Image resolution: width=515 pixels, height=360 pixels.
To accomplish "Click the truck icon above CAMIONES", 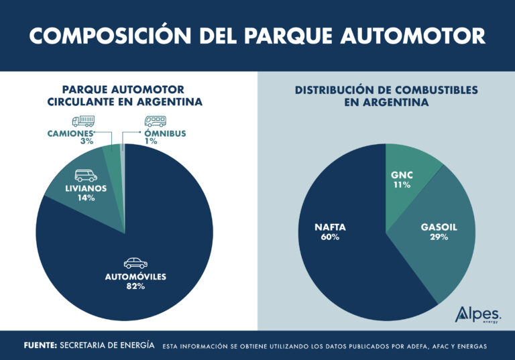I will [82, 121].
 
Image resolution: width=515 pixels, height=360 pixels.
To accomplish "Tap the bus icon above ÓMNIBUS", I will [156, 121].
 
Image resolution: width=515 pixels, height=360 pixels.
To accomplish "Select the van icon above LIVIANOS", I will [86, 176].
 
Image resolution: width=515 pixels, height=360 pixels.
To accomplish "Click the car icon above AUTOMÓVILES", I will [135, 263].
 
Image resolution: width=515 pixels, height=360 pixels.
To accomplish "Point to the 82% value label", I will [135, 286].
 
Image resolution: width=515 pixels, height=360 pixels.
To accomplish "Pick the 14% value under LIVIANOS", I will [86, 198].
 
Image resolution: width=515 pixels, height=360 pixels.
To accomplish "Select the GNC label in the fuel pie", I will [402, 175].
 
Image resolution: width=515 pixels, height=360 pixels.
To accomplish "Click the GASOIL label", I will [439, 227].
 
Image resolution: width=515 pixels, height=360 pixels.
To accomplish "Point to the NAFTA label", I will [330, 227].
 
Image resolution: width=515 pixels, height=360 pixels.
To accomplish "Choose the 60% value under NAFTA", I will [330, 237].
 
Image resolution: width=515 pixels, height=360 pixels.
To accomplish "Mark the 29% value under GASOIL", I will [439, 237].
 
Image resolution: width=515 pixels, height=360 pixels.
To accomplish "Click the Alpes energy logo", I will [477, 314].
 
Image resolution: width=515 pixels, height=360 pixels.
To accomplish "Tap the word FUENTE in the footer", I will [39, 346].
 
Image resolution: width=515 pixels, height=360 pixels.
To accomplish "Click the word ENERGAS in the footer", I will [466, 347].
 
